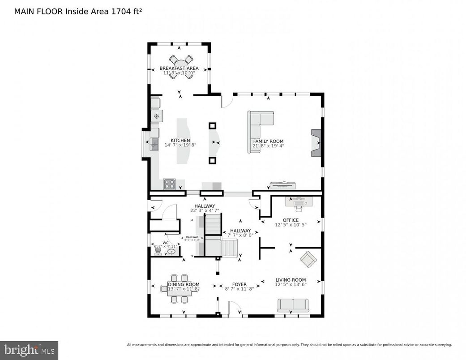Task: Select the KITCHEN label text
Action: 180,140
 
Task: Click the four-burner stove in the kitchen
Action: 169,183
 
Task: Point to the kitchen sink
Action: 154,144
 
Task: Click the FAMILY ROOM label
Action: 268,141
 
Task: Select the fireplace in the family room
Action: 316,143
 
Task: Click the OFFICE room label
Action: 290,220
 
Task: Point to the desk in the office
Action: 299,202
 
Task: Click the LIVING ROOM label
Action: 291,280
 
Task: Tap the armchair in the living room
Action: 308,259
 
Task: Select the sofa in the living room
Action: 293,305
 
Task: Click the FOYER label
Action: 239,284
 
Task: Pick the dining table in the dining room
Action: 179,289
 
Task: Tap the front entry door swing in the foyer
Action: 235,309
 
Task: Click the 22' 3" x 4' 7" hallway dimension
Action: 205,210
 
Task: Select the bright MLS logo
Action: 29,350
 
